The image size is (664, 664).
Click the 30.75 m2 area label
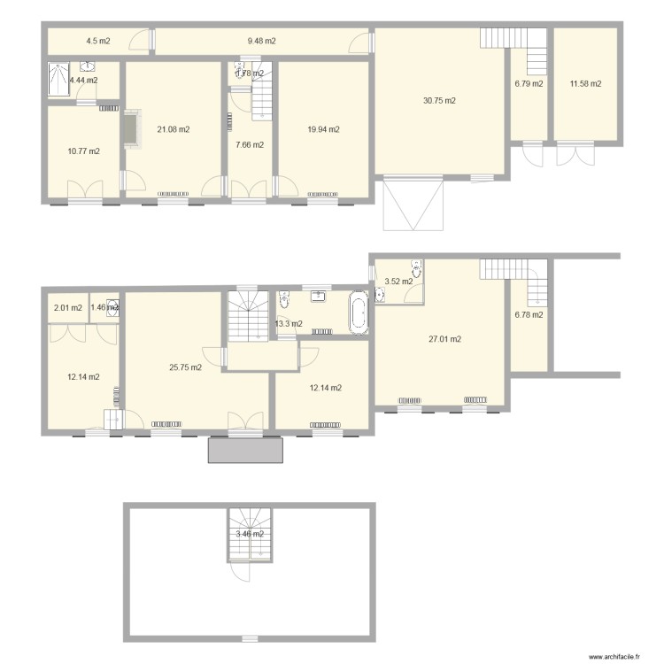(x=439, y=101)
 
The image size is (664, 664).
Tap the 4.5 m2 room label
(x=97, y=41)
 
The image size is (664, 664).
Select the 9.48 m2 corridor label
(x=261, y=41)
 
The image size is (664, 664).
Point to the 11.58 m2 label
(x=585, y=84)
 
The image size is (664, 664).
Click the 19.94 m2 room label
(x=323, y=129)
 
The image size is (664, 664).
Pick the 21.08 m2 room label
(x=173, y=129)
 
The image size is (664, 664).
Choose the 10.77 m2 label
(x=83, y=151)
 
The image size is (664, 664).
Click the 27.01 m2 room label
(x=444, y=339)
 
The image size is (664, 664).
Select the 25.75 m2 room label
(x=185, y=367)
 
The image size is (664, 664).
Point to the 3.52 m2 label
(x=398, y=282)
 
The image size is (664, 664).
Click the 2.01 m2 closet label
(x=67, y=308)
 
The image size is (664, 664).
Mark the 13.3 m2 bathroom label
(x=289, y=324)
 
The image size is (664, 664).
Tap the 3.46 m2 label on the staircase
(x=249, y=534)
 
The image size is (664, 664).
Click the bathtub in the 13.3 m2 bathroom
(x=358, y=313)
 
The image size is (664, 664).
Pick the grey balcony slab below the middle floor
(x=246, y=449)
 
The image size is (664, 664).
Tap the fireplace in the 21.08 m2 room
(x=131, y=129)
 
